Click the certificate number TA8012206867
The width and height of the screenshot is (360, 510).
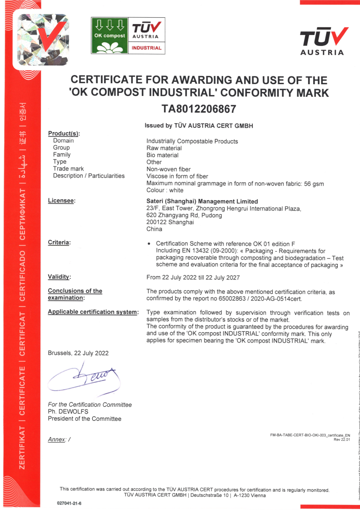pos(199,109)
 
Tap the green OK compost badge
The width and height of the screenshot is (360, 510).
pos(110,35)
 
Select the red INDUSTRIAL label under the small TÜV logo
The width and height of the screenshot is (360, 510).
pos(146,48)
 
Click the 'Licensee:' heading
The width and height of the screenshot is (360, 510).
pos(61,201)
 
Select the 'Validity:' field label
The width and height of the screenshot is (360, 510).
pos(60,277)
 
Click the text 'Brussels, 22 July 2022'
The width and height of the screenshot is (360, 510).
pos(78,353)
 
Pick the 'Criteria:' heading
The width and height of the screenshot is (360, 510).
pos(60,242)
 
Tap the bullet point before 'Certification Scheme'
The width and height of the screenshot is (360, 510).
pos(149,244)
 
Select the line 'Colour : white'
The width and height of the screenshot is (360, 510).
pos(165,190)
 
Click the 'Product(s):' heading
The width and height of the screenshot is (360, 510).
pos(64,133)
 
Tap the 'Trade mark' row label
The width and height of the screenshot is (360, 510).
pos(68,169)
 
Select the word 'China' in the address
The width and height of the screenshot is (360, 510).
pos(154,229)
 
